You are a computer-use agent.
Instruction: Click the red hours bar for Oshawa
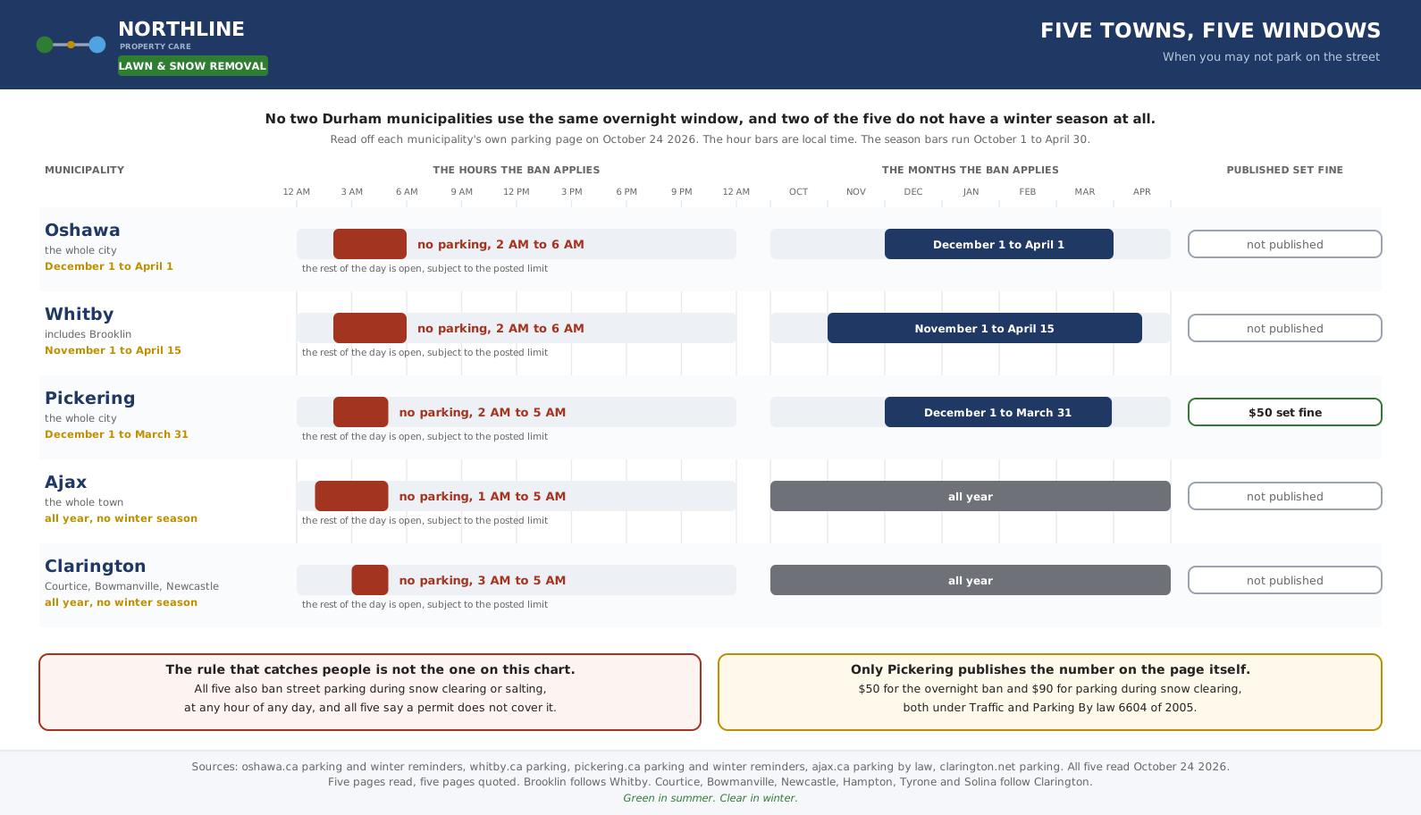pyautogui.click(x=370, y=244)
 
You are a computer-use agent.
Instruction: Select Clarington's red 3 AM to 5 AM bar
pyautogui.click(x=370, y=580)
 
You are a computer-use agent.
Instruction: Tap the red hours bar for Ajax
pyautogui.click(x=351, y=496)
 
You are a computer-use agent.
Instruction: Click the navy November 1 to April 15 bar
pyautogui.click(x=985, y=328)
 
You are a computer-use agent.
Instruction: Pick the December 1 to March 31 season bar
pyautogui.click(x=998, y=412)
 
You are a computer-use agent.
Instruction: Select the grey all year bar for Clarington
pyautogui.click(x=971, y=580)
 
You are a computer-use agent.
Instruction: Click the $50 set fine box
pyautogui.click(x=1284, y=412)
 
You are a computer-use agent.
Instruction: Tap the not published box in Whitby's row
pyautogui.click(x=1284, y=328)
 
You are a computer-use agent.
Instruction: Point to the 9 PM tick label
pyautogui.click(x=681, y=191)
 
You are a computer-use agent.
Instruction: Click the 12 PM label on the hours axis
pyautogui.click(x=517, y=191)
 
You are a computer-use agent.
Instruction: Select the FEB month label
pyautogui.click(x=1028, y=191)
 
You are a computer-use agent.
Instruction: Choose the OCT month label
pyautogui.click(x=799, y=191)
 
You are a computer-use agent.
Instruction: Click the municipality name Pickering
pyautogui.click(x=89, y=399)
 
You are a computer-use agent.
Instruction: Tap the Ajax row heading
pyautogui.click(x=65, y=482)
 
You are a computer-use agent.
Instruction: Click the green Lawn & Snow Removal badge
pyautogui.click(x=193, y=66)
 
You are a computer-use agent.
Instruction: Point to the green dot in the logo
pyautogui.click(x=45, y=45)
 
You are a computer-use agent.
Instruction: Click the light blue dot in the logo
pyautogui.click(x=97, y=45)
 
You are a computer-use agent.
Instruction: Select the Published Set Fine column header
pyautogui.click(x=1284, y=170)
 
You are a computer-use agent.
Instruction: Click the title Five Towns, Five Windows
pyautogui.click(x=1210, y=30)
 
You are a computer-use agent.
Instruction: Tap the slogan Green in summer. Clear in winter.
pyautogui.click(x=710, y=798)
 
